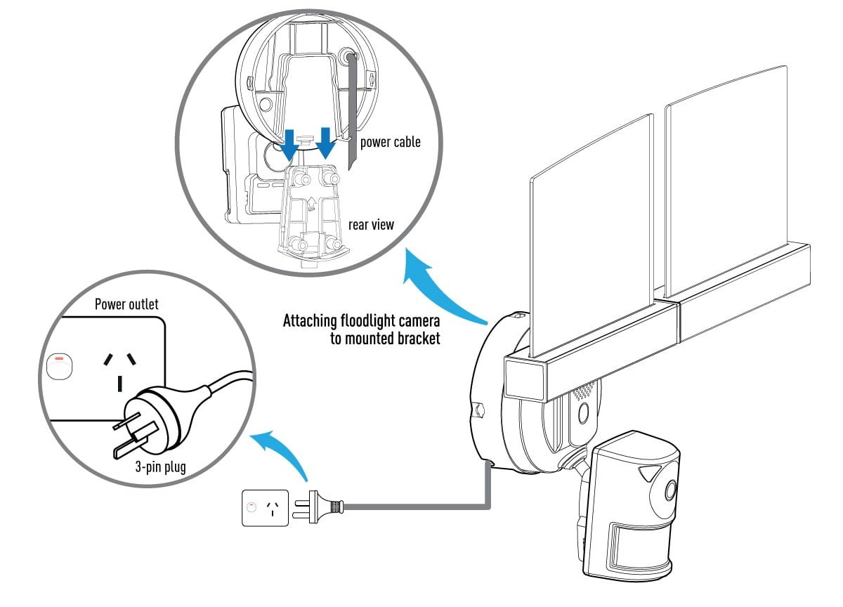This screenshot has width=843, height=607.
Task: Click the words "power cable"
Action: [390, 142]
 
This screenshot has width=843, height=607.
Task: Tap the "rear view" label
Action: [371, 226]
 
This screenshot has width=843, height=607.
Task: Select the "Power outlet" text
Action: [126, 304]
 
